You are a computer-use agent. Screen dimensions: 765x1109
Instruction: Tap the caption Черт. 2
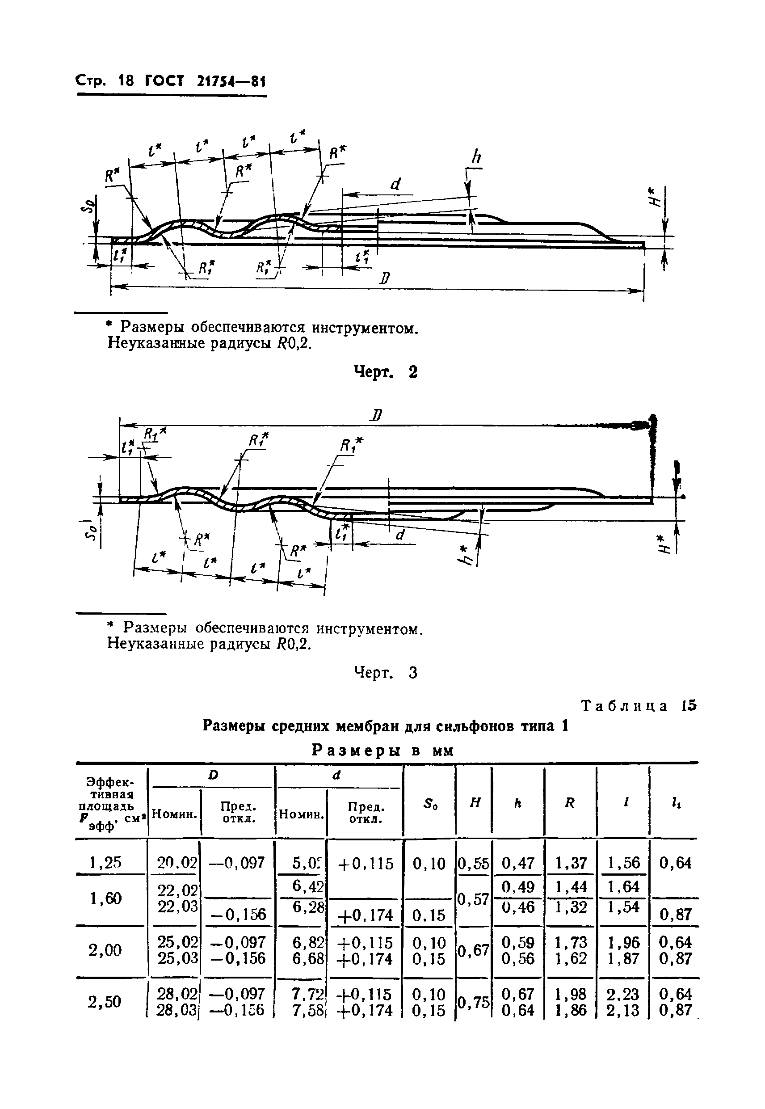[385, 371]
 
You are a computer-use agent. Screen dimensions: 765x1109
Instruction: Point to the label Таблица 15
[638, 706]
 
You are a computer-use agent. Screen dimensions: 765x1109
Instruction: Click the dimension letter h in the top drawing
[476, 157]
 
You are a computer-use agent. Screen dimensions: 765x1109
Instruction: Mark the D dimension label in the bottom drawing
[376, 415]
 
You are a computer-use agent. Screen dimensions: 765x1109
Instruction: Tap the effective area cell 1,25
[105, 863]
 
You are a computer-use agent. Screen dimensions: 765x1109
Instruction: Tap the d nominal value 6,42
[307, 886]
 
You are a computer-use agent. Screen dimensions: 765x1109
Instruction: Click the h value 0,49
[517, 886]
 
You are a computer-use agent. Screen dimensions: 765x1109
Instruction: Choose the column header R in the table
[569, 804]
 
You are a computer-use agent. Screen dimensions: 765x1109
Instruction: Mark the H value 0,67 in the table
[474, 950]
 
